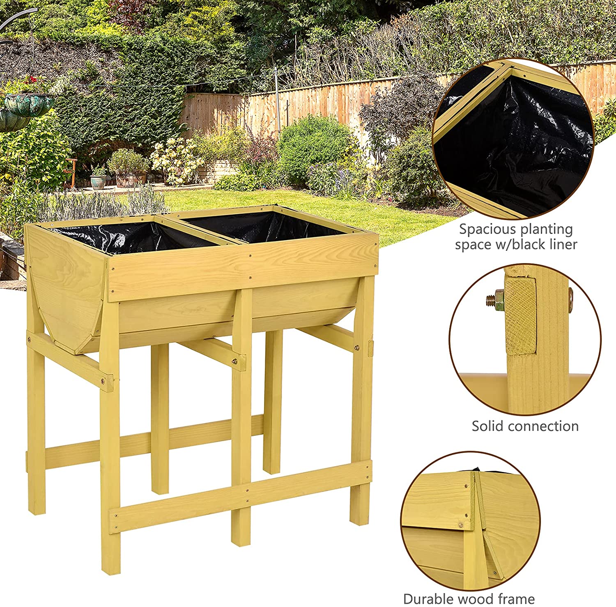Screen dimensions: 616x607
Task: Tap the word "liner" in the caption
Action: (563, 245)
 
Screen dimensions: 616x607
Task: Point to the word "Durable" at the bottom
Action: (428, 599)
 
